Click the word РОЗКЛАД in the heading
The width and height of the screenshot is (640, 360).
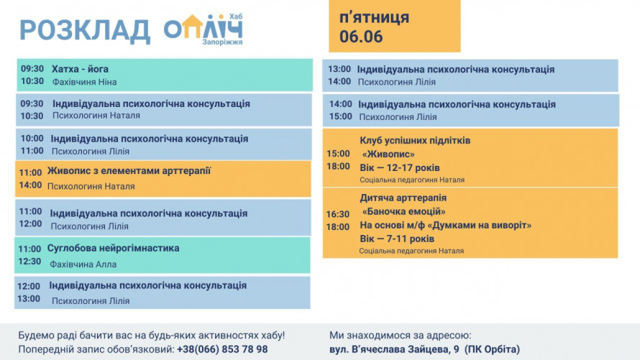(85, 31)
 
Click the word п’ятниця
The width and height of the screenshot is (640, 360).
(374, 17)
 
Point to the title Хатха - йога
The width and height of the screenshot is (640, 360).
(80, 69)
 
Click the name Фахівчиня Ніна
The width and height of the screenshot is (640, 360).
(84, 82)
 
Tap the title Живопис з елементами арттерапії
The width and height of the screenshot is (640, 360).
(129, 171)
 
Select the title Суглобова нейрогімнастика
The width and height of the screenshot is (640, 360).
(113, 249)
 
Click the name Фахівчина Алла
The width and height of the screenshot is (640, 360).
(83, 264)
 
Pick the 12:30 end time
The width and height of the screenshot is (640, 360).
(29, 262)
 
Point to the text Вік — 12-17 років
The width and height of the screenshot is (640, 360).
(400, 168)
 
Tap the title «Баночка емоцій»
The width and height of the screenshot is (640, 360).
(403, 211)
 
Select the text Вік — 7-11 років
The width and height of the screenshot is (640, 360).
(397, 239)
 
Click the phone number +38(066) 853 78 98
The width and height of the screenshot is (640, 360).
(222, 349)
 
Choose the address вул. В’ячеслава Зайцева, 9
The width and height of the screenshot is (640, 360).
(394, 349)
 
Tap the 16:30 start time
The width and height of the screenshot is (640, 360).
(338, 214)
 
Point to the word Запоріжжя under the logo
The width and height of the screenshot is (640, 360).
(222, 42)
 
